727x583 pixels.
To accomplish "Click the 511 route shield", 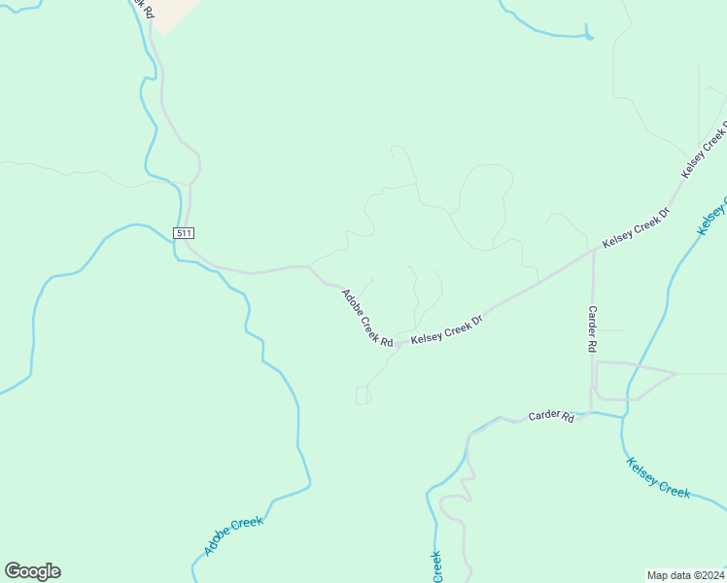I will (185, 233).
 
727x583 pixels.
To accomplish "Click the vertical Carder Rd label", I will (592, 328).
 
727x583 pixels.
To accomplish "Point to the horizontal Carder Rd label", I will (551, 416).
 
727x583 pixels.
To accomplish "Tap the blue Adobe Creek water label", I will (233, 536).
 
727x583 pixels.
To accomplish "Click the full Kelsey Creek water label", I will (659, 478).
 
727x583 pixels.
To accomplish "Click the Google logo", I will (32, 571).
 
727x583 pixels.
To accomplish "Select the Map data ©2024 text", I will (686, 574).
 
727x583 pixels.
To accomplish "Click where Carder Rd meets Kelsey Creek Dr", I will (593, 250).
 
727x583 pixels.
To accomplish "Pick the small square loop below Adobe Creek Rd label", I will (363, 394).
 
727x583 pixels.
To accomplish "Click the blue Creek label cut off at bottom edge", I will (436, 567).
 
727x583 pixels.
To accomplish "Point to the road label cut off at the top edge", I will (142, 9).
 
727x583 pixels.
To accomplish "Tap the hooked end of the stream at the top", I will (590, 36).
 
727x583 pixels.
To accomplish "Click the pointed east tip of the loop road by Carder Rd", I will (675, 373).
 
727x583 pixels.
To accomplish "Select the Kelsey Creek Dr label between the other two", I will (637, 228).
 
